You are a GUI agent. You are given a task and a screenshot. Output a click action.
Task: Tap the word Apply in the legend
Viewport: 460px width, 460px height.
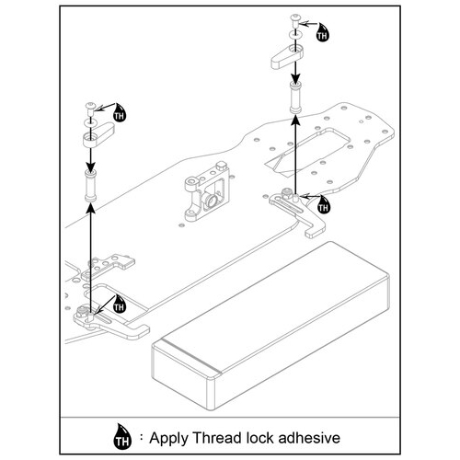pyautogui.click(x=169, y=439)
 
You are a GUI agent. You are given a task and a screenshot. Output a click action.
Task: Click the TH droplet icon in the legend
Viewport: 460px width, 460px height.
pyautogui.click(x=122, y=437)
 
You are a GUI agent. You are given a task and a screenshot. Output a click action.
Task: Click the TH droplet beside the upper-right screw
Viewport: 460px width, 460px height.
pyautogui.click(x=322, y=32)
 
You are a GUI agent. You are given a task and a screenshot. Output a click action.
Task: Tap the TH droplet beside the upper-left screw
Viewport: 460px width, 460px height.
pyautogui.click(x=120, y=112)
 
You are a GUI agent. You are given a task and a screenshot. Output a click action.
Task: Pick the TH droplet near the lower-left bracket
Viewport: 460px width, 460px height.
pyautogui.click(x=120, y=304)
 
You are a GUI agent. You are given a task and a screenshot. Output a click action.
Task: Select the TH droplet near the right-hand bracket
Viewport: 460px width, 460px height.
pyautogui.click(x=323, y=204)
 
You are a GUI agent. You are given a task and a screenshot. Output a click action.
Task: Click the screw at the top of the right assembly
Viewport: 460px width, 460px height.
pyautogui.click(x=295, y=21)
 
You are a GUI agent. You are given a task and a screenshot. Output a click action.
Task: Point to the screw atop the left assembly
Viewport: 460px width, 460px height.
pyautogui.click(x=90, y=109)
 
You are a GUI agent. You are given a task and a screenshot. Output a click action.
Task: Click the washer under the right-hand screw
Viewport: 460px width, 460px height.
pyautogui.click(x=295, y=35)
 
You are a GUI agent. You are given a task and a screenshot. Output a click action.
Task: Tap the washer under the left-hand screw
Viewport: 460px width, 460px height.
pyautogui.click(x=90, y=122)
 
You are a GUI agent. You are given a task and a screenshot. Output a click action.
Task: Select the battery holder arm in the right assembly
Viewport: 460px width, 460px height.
pyautogui.click(x=287, y=57)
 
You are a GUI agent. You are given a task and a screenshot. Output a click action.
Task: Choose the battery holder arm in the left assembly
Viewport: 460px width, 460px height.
pyautogui.click(x=98, y=134)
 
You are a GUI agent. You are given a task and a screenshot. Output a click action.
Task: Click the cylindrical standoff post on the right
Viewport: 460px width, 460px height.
pyautogui.click(x=295, y=98)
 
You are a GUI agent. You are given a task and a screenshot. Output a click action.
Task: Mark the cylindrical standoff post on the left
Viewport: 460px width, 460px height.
pyautogui.click(x=90, y=185)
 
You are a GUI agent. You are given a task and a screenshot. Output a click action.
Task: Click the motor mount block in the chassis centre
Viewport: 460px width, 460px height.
pyautogui.click(x=207, y=191)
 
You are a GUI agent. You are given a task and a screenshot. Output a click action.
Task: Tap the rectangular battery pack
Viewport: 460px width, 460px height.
pyautogui.click(x=270, y=326)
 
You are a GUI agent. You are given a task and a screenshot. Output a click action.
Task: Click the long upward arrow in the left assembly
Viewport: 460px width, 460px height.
pyautogui.click(x=91, y=259)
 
